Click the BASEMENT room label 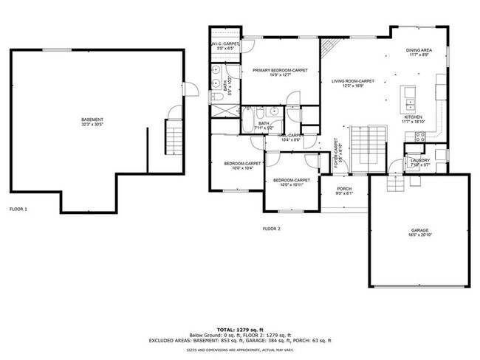pos(92,120)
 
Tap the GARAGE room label pos(419,231)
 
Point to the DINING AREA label pos(419,50)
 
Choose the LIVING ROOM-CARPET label pos(352,81)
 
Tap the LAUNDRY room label pos(420,160)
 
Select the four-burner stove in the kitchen pos(421,136)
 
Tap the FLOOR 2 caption pos(272,229)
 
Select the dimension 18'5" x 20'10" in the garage pos(419,236)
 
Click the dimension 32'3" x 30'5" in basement pos(92,125)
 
